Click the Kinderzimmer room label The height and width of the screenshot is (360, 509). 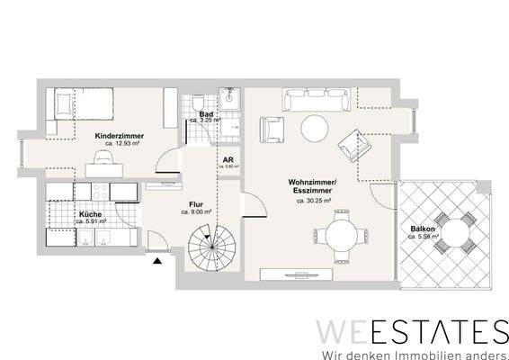click(x=119, y=136)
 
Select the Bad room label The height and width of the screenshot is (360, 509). click(x=206, y=114)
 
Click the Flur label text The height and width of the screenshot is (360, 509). click(x=194, y=203)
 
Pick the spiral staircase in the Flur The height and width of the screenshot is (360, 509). click(x=210, y=244)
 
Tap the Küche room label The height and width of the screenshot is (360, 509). click(x=89, y=214)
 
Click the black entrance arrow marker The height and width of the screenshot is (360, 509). click(x=159, y=260)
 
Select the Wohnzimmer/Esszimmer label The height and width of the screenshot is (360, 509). click(x=312, y=187)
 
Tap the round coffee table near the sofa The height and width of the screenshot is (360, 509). click(x=313, y=130)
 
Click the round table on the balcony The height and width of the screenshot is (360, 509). click(x=452, y=232)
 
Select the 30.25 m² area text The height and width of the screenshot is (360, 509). click(x=313, y=202)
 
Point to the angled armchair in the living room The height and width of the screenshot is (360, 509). click(x=352, y=138)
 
